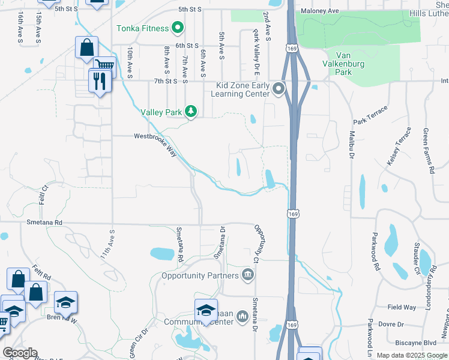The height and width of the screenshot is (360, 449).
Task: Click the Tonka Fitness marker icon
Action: (177, 28)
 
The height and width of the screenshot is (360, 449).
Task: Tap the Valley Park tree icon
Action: (191, 111)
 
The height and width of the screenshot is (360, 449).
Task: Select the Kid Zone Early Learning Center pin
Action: (278, 90)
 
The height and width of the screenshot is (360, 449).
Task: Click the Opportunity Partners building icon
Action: (247, 276)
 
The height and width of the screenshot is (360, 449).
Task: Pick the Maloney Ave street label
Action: (321, 11)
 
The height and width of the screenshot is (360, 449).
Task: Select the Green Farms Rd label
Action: (429, 151)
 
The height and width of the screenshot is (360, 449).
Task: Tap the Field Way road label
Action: (402, 307)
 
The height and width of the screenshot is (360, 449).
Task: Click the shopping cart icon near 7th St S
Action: (104, 65)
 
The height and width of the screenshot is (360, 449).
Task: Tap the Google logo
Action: (20, 353)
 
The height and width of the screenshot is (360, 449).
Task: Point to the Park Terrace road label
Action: (371, 116)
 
